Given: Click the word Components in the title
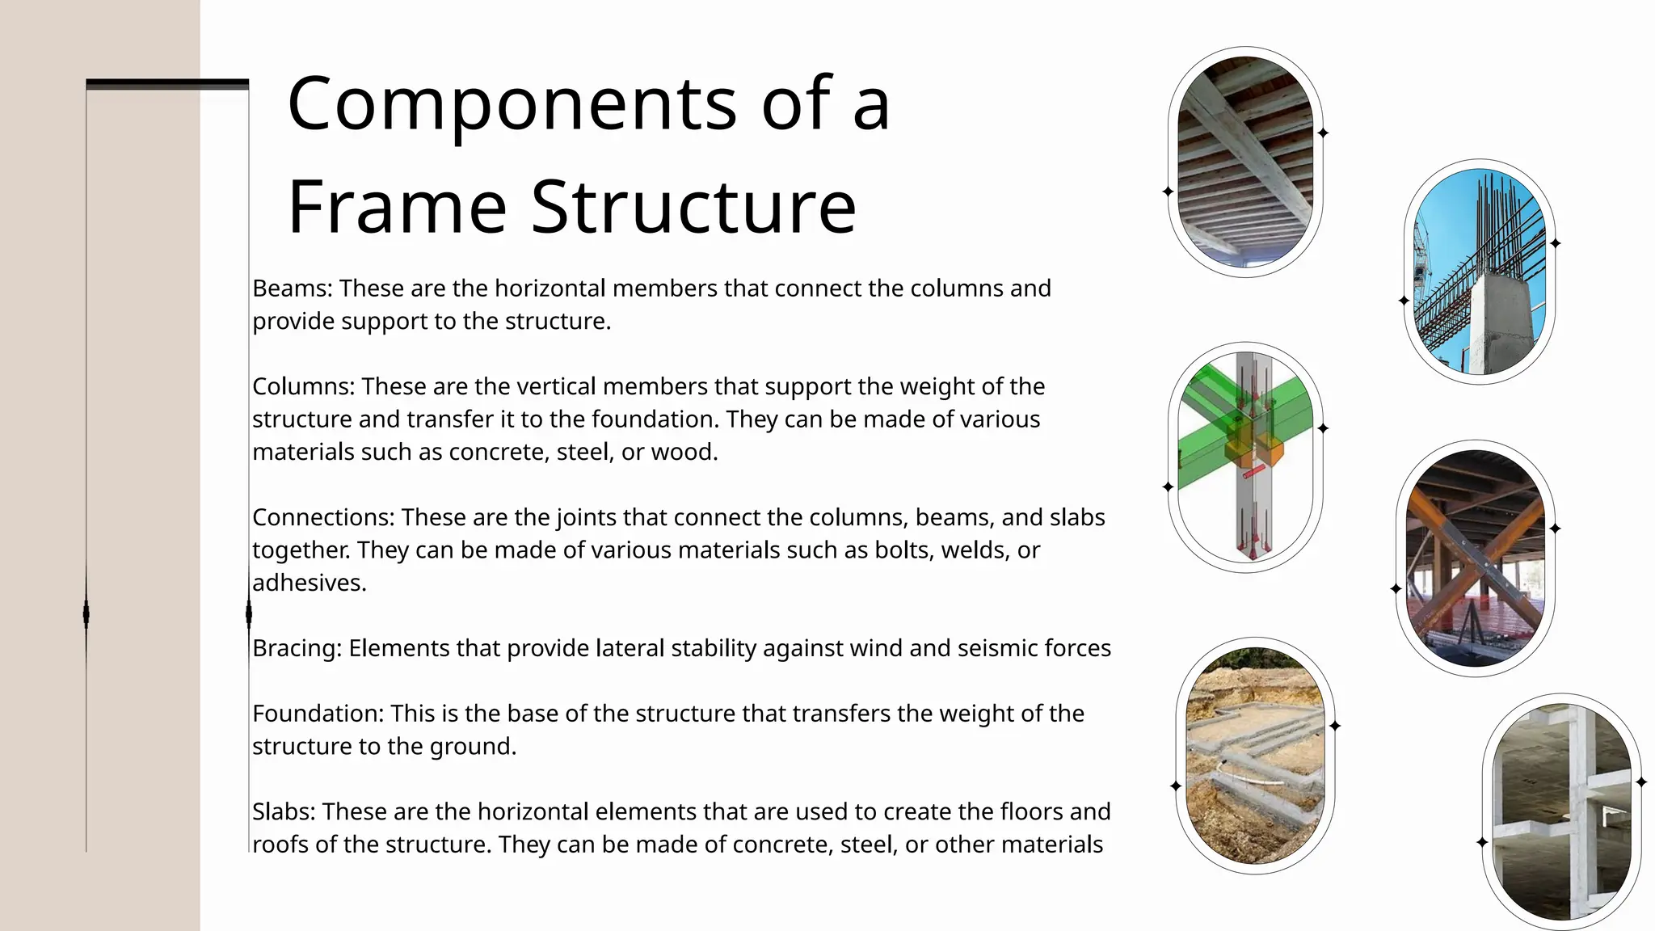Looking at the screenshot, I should [x=512, y=104].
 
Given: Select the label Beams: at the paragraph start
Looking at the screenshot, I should [x=292, y=289].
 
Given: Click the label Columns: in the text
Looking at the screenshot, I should [x=303, y=386].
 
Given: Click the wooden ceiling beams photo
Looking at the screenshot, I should [x=1244, y=162].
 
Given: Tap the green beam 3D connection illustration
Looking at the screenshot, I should [x=1244, y=457].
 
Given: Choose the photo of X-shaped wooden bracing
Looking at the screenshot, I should [x=1475, y=558].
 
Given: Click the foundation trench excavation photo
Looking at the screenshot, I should [x=1254, y=756].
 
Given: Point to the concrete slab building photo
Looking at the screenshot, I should [x=1561, y=812].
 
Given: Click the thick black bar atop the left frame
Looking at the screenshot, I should [x=167, y=84].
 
